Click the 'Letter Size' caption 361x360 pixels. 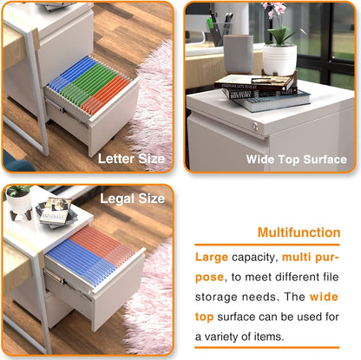click(x=130, y=159)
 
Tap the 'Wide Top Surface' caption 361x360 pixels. click(x=296, y=159)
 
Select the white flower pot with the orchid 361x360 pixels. click(x=279, y=59)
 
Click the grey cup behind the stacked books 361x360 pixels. click(x=237, y=53)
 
